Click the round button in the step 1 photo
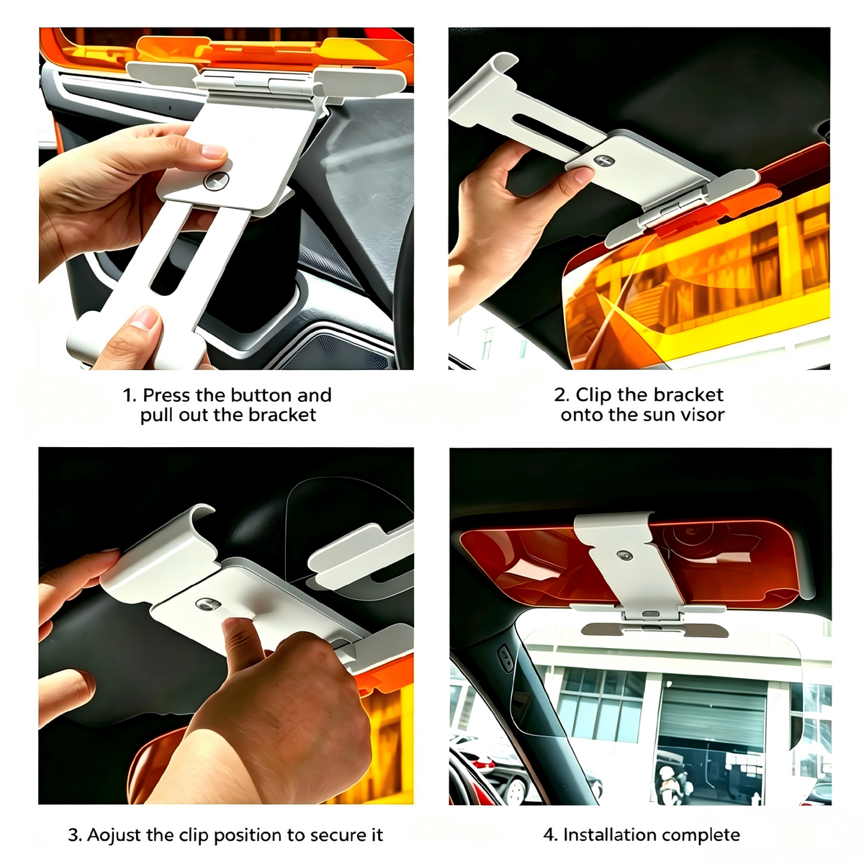point(216,181)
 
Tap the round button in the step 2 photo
point(603,161)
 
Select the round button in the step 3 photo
point(208,604)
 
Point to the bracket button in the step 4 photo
point(624,556)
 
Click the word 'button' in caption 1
point(261,395)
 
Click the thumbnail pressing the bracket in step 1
point(213,151)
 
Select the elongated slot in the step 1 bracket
point(179,251)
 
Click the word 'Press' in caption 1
point(166,395)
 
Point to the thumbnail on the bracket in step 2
point(584,175)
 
